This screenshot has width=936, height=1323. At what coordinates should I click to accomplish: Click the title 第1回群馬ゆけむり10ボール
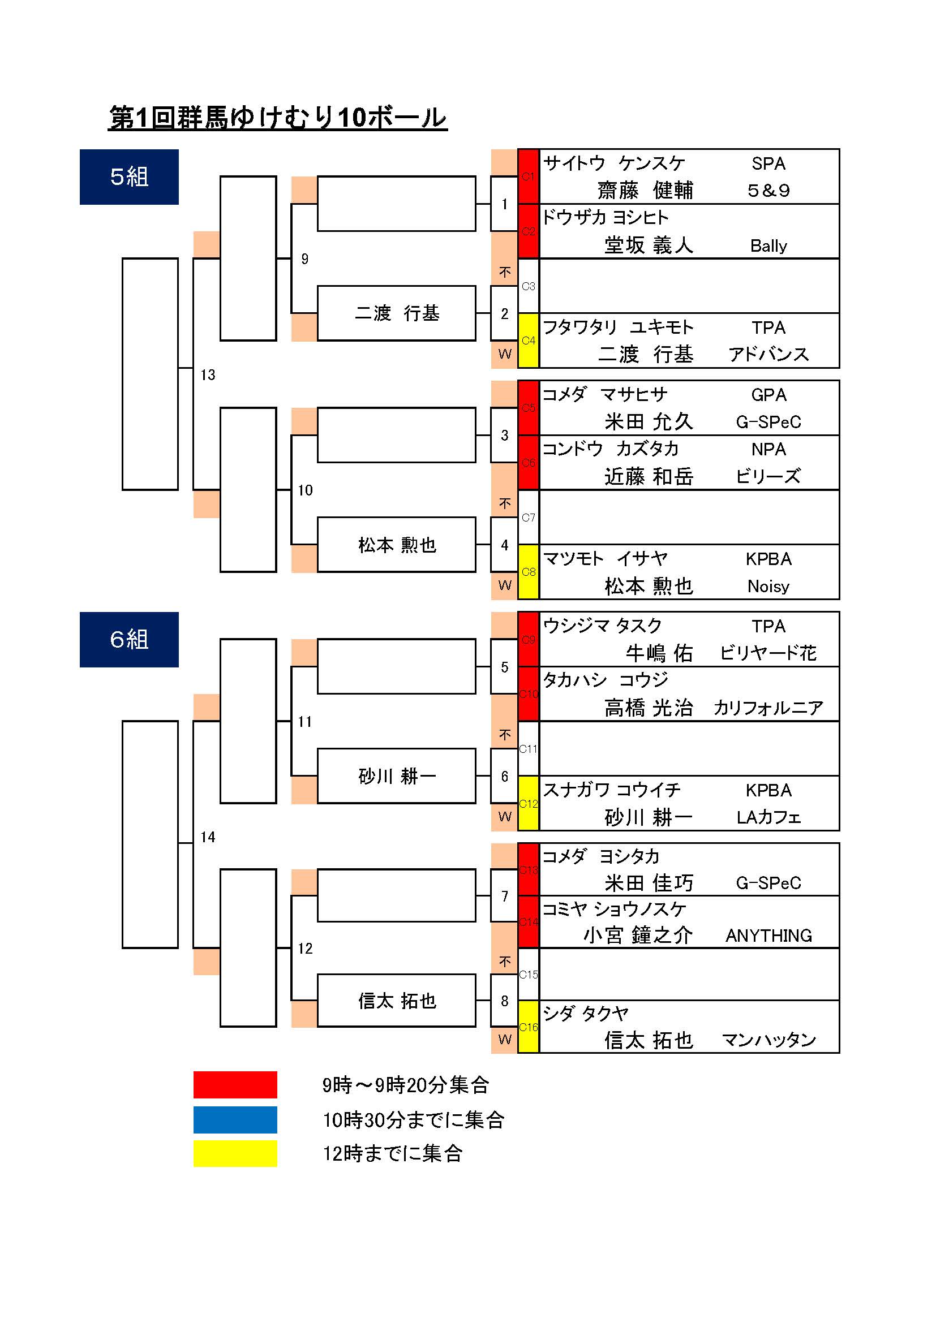278,118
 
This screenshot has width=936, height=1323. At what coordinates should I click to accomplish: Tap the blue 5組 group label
129,177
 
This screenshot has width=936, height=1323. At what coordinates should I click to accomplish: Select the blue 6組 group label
129,640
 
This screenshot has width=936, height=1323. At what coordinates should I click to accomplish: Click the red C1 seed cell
528,176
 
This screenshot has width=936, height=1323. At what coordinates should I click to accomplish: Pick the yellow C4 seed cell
528,341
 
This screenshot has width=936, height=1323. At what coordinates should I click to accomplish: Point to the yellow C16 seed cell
528,1027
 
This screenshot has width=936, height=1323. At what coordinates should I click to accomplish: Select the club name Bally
768,246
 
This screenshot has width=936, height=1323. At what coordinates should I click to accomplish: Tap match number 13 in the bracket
208,375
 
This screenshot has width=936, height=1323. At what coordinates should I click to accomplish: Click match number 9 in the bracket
305,259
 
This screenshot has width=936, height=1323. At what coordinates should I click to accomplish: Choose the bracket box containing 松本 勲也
397,545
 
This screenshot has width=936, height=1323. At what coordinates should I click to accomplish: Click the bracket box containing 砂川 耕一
397,776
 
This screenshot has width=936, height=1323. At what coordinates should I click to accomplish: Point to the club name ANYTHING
768,935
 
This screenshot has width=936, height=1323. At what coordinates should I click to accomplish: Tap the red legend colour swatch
235,1085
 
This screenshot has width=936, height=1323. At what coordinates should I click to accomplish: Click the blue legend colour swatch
235,1119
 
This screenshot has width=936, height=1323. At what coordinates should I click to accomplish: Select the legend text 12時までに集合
393,1153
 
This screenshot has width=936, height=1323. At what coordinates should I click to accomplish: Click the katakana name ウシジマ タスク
602,626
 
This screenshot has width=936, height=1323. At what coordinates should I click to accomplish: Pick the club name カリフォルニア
768,708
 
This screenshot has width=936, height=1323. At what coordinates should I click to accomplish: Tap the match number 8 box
504,1001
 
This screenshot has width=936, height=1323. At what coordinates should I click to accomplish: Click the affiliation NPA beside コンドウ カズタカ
768,450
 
